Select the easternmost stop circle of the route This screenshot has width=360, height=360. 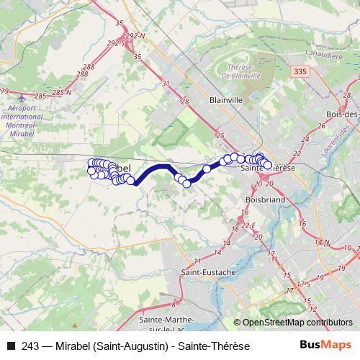[268, 165]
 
